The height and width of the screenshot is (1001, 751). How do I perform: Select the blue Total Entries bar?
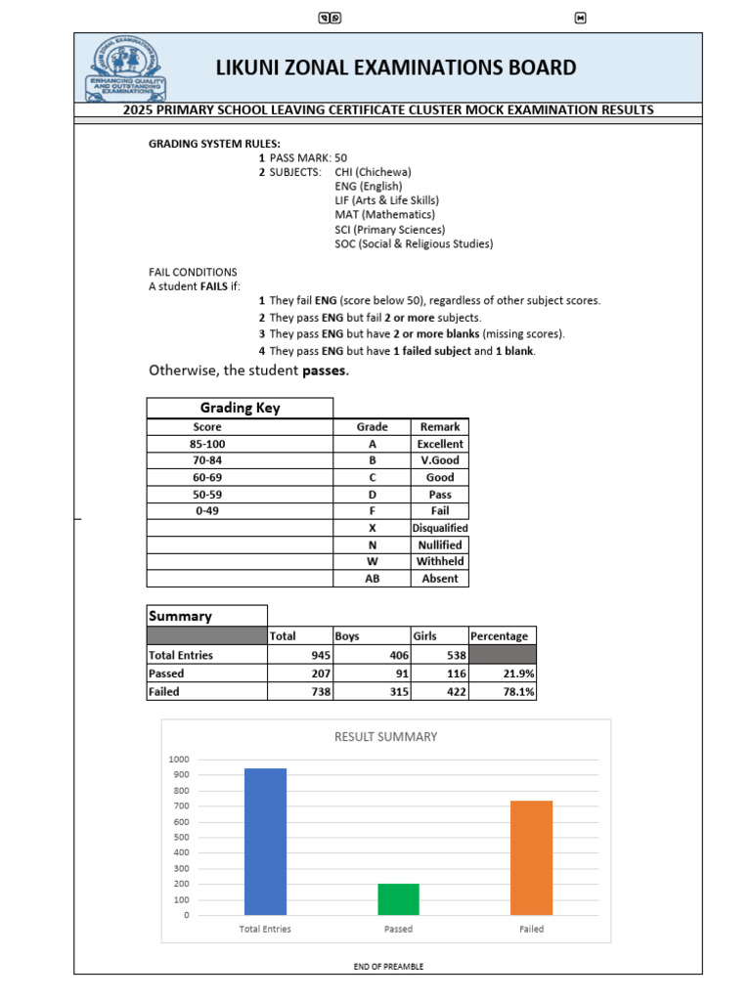pyautogui.click(x=265, y=842)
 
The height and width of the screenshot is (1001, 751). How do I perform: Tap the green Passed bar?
pyautogui.click(x=398, y=899)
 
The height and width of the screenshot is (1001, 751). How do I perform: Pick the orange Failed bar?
pyautogui.click(x=531, y=857)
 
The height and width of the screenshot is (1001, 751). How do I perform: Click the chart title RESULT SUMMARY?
pyautogui.click(x=385, y=737)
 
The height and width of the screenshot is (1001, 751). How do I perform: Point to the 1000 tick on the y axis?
pyautogui.click(x=178, y=760)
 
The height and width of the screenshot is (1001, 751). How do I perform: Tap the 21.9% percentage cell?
pyautogui.click(x=503, y=674)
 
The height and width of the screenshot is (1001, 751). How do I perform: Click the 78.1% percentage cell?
pyautogui.click(x=503, y=691)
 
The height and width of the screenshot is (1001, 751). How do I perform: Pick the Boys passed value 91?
pyautogui.click(x=372, y=674)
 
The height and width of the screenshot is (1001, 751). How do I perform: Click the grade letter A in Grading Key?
pyautogui.click(x=372, y=444)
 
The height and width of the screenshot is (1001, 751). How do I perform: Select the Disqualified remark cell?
pyautogui.click(x=439, y=528)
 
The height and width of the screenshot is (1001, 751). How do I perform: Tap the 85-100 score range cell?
pyautogui.click(x=207, y=444)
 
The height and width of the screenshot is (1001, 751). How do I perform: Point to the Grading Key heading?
pyautogui.click(x=240, y=408)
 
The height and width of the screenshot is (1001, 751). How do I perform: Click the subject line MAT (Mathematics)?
pyautogui.click(x=384, y=215)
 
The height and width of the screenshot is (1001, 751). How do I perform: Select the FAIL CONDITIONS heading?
pyautogui.click(x=193, y=272)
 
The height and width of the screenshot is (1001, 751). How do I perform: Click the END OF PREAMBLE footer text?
pyautogui.click(x=388, y=967)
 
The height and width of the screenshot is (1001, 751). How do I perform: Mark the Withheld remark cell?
pyautogui.click(x=439, y=561)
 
